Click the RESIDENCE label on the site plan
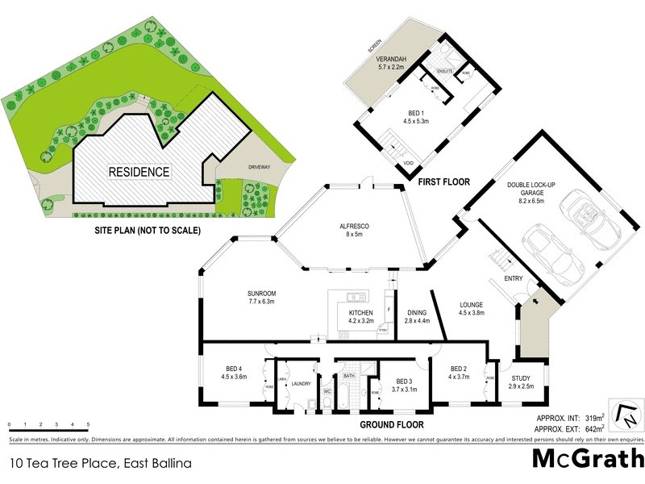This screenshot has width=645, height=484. (x=139, y=172)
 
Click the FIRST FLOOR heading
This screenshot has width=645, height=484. (x=443, y=183)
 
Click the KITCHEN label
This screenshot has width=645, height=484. (x=360, y=315)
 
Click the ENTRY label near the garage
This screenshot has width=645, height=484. (x=514, y=279)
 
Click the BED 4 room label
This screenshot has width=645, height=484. (x=232, y=372)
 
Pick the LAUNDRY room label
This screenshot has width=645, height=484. (x=302, y=384)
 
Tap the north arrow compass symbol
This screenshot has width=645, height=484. (x=626, y=413)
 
